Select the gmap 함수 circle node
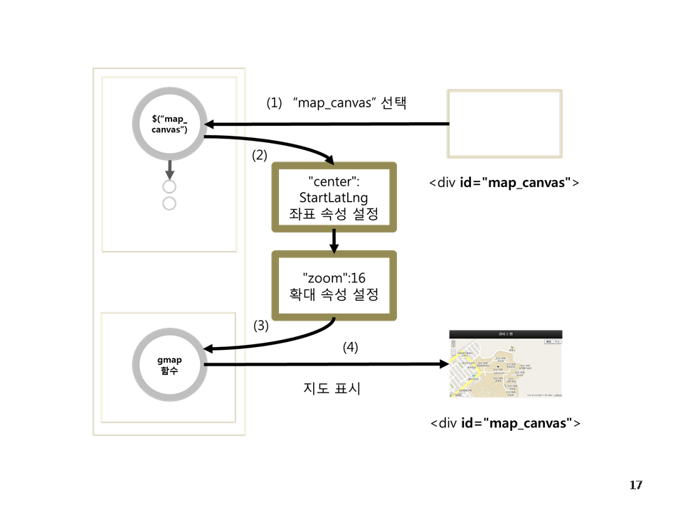169,365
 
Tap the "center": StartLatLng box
334,196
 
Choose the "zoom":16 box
334,285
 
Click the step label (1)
274,102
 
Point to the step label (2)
260,154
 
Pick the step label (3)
261,326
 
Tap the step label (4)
350,348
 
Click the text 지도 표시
332,389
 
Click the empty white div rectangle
504,123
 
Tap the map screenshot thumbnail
506,363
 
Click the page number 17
635,485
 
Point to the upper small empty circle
169,187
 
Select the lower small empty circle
169,204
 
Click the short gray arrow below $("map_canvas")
169,169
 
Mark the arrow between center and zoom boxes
334,240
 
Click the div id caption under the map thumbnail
505,424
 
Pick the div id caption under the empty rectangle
504,183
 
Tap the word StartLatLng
334,196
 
